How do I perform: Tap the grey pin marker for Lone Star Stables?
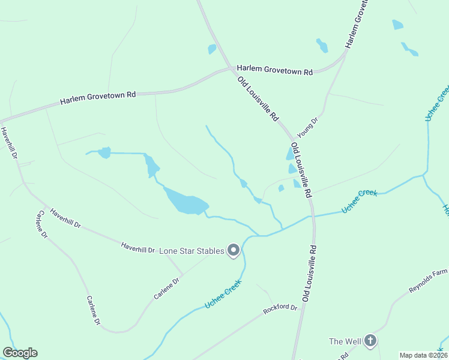pos(234,250)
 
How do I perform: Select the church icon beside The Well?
pos(370,341)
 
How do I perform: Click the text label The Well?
pos(345,341)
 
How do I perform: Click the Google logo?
pos(20,353)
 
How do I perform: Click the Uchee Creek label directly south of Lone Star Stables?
pos(223,294)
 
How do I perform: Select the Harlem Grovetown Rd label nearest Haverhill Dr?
pos(98,98)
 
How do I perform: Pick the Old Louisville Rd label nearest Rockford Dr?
pos(309,273)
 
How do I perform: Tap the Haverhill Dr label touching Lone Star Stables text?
pos(138,247)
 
